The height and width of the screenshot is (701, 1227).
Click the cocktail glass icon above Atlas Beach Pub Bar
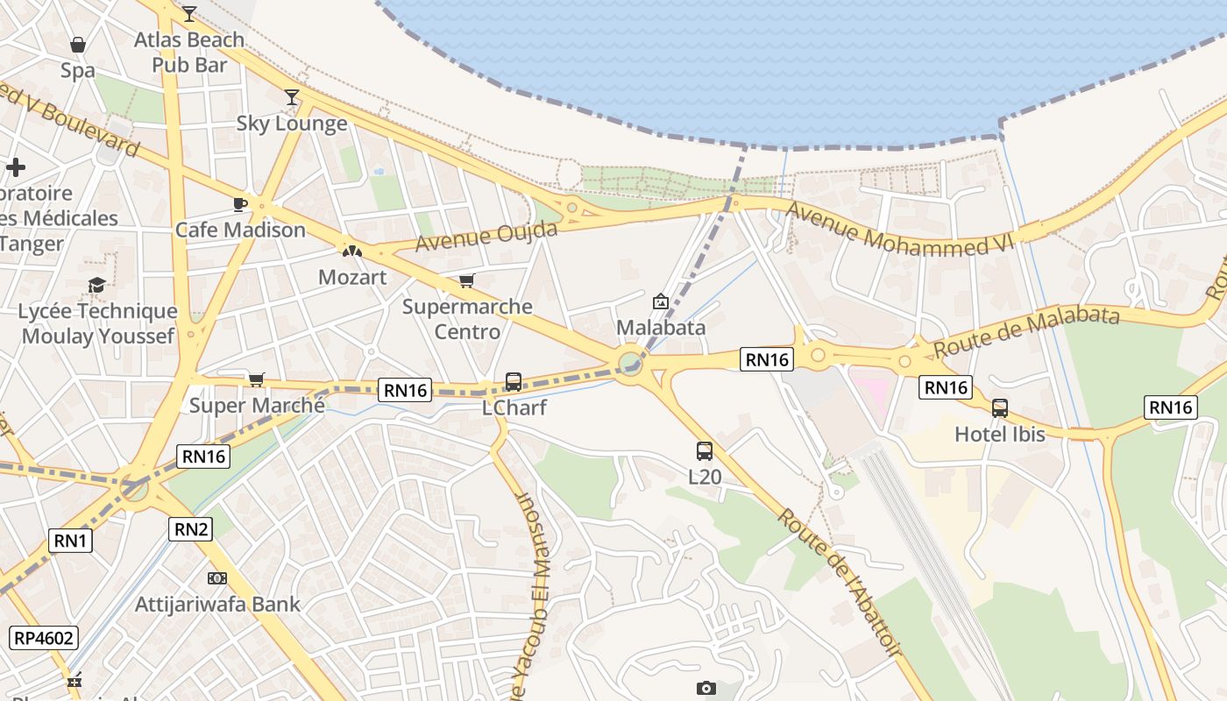click(189, 13)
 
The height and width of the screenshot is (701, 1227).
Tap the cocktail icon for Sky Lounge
click(292, 96)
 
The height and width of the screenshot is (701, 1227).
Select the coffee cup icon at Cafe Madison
click(239, 204)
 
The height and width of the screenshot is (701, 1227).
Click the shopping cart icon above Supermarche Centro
click(467, 281)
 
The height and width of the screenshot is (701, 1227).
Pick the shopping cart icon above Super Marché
click(256, 379)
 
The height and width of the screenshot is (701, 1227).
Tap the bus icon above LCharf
click(514, 382)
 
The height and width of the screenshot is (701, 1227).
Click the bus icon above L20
click(704, 451)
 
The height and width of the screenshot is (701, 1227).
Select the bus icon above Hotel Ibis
click(999, 407)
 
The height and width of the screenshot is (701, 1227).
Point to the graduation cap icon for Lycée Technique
click(96, 286)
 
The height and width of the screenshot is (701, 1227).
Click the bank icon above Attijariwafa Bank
click(217, 578)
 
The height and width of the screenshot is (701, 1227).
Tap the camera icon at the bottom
click(706, 688)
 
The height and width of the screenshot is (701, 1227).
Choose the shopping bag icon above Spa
click(78, 45)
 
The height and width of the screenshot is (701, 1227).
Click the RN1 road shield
click(71, 541)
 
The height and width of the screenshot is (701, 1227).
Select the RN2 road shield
click(191, 528)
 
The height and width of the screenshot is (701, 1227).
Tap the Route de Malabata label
click(1026, 331)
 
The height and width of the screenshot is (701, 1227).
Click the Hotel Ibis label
click(999, 434)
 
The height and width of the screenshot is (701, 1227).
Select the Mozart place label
click(352, 278)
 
